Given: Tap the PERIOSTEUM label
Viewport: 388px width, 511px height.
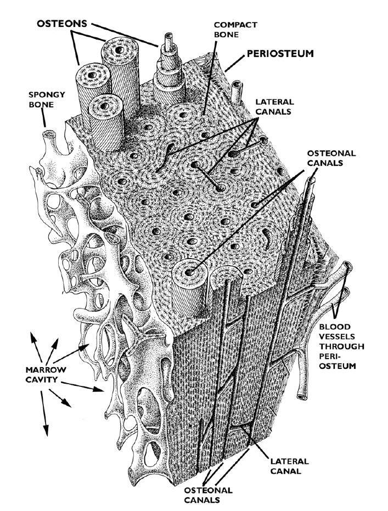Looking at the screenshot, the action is tap(279, 54).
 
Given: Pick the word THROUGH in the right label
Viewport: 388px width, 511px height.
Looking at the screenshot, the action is tap(339, 346).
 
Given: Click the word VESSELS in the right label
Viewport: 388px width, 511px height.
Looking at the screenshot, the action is tap(338, 336).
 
